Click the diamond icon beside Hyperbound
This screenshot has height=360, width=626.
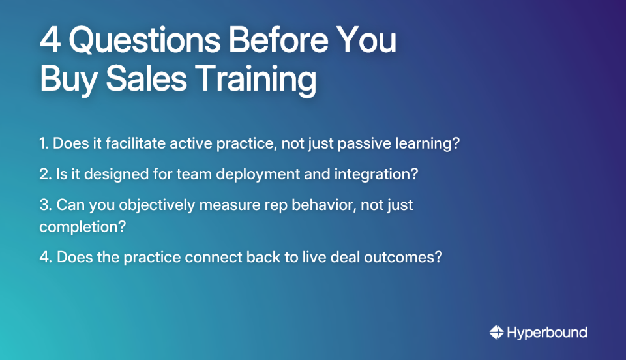[496, 333]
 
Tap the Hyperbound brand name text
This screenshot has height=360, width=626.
[547, 333]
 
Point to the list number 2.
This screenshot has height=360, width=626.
[44, 175]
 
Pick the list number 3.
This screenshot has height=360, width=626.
[44, 205]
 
